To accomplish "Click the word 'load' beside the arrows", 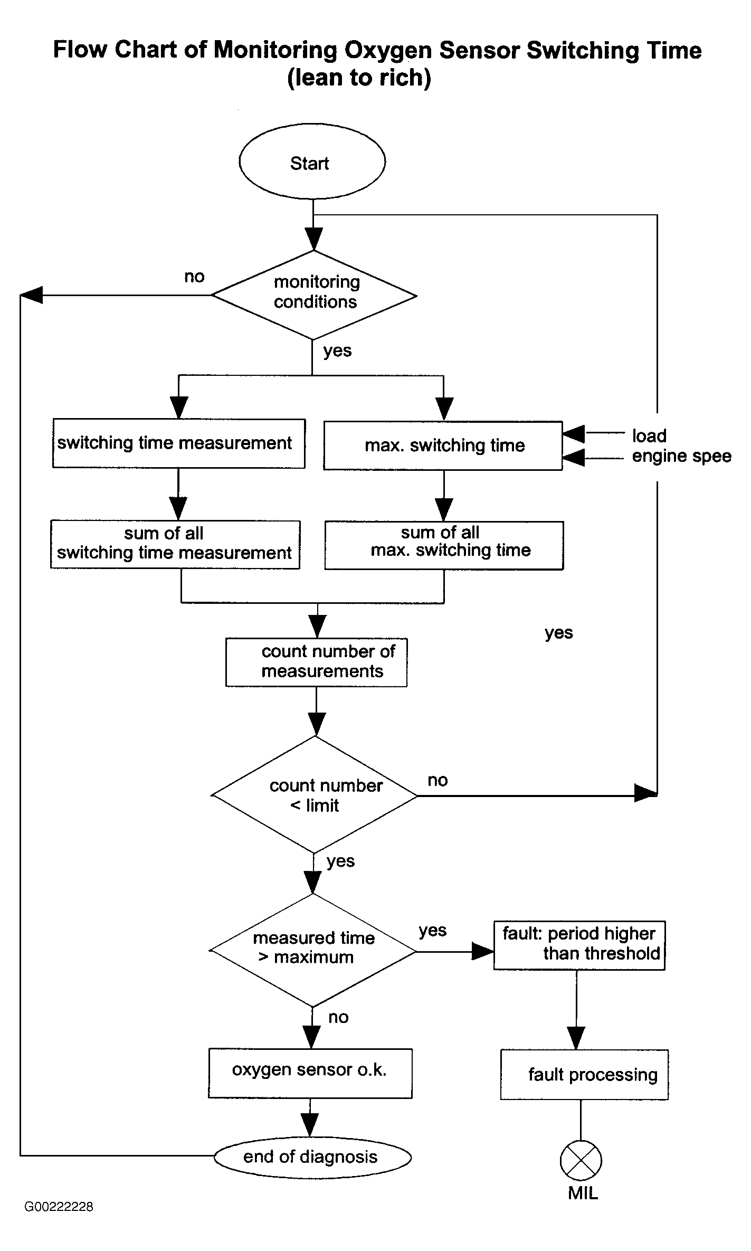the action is pos(649,435).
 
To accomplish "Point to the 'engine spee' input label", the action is pos(682,456).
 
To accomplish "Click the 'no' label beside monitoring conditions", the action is pos(194,277).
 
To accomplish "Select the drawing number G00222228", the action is pos(59,1207).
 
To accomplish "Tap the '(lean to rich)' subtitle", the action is pos(359,78).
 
